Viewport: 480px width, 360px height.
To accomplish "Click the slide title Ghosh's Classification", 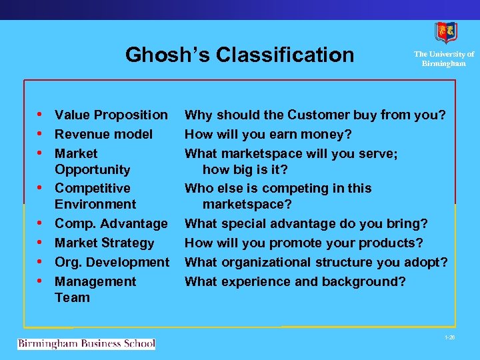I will pos(239,54).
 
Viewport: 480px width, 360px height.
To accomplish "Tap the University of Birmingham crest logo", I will pos(446,32).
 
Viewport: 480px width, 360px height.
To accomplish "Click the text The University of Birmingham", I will pos(443,59).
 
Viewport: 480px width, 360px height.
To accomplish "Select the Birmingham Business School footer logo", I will pos(86,344).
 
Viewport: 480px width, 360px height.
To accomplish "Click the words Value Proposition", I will pos(111,115).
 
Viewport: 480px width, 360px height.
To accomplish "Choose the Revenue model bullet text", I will pos(103,134).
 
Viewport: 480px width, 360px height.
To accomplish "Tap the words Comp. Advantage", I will pos(111,223).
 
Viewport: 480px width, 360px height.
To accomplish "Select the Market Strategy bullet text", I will pos(104,243).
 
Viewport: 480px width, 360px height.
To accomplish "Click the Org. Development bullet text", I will pos(112,262).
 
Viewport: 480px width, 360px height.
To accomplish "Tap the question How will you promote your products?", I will pos(303,243).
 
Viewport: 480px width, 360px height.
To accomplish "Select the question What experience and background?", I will pos(295,281).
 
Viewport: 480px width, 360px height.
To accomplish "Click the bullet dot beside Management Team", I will pos(42,281).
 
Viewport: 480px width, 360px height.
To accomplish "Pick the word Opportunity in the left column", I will pos(92,169).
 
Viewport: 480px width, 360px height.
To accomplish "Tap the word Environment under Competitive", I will pos(95,204).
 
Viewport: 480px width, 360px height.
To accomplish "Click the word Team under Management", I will pos(72,297).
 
